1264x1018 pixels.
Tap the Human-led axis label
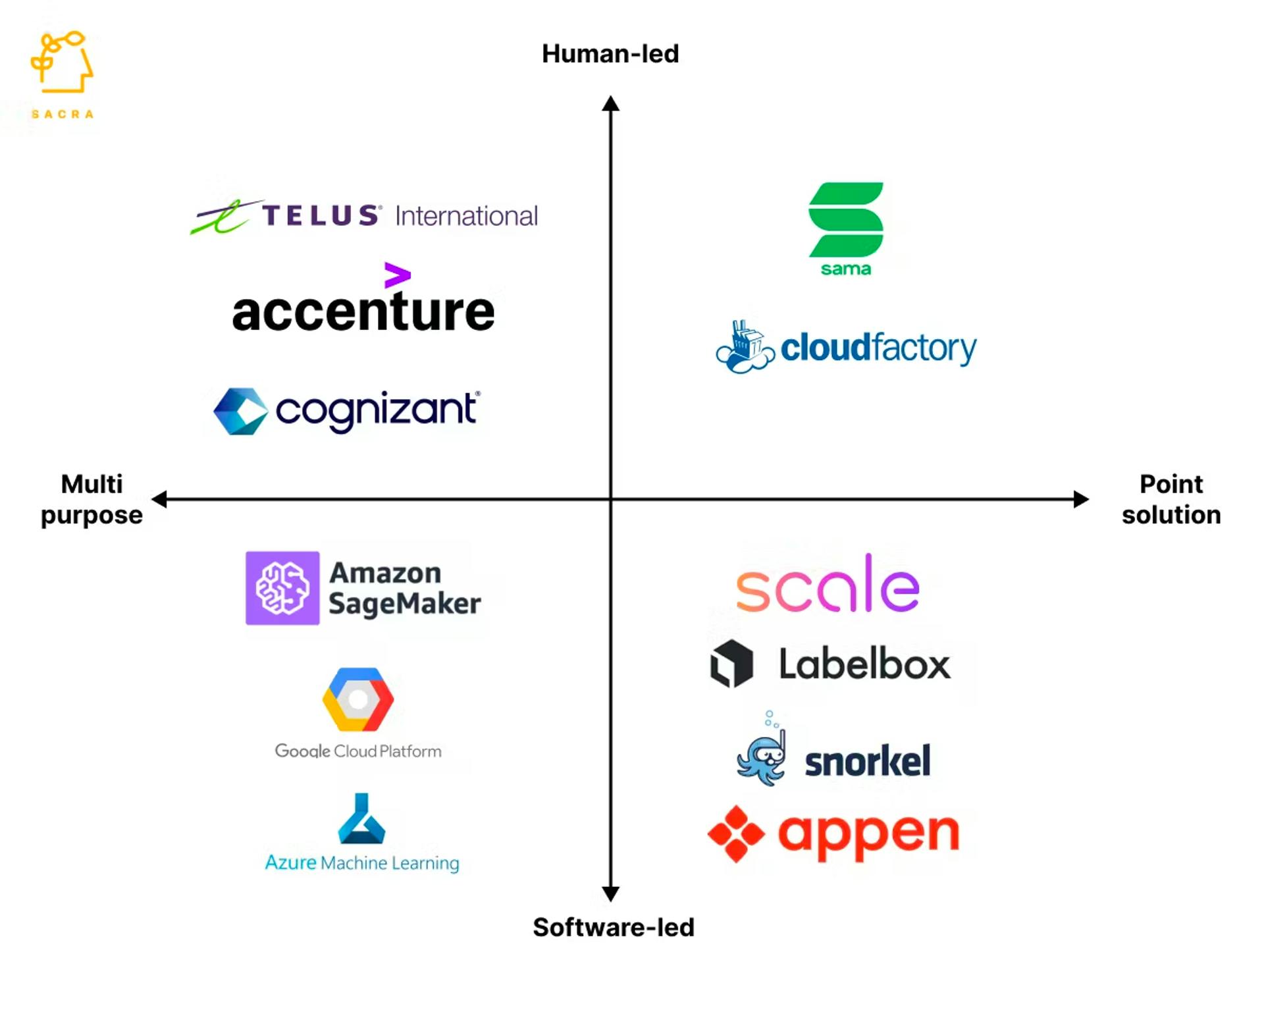pyautogui.click(x=610, y=53)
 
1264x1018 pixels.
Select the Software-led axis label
pyautogui.click(x=614, y=927)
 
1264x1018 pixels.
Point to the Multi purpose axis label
pyautogui.click(x=92, y=499)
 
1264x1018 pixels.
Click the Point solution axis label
pyautogui.click(x=1171, y=499)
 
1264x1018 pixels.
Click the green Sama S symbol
pyautogui.click(x=846, y=219)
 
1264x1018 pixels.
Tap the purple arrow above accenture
pyautogui.click(x=398, y=275)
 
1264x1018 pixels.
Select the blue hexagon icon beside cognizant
pyautogui.click(x=241, y=411)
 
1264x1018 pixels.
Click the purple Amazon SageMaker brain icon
pyautogui.click(x=282, y=588)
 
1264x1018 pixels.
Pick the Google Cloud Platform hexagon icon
pyautogui.click(x=358, y=699)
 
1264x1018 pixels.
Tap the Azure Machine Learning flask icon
pyautogui.click(x=361, y=818)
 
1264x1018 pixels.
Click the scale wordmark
pyautogui.click(x=828, y=583)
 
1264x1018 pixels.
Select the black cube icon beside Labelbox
pyautogui.click(x=731, y=663)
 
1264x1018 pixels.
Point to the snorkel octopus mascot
pyautogui.click(x=762, y=751)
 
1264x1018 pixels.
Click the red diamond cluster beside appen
pyautogui.click(x=736, y=834)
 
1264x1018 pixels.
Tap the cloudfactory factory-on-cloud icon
pyautogui.click(x=745, y=347)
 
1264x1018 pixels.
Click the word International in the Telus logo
pyautogui.click(x=466, y=215)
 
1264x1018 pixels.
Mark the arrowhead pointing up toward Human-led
pyautogui.click(x=610, y=103)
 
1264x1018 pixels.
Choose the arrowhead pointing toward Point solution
pyautogui.click(x=1081, y=499)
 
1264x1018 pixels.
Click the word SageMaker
pyautogui.click(x=405, y=604)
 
